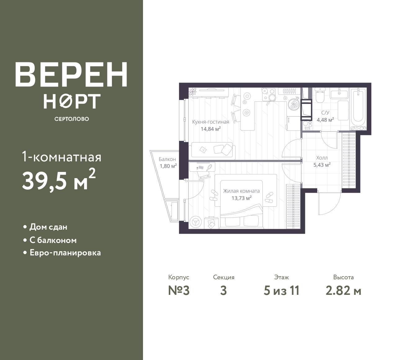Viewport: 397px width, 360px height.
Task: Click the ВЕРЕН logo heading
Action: tap(71, 74)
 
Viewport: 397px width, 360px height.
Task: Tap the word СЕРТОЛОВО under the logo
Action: tap(72, 119)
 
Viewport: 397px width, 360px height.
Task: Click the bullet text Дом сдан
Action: tap(48, 227)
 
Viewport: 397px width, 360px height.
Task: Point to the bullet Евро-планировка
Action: tap(65, 253)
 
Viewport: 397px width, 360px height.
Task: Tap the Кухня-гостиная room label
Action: tap(211, 122)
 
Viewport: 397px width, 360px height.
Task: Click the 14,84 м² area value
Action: tap(211, 129)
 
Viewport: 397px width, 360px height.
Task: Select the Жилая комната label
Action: tap(241, 191)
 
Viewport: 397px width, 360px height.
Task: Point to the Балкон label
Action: tap(167, 159)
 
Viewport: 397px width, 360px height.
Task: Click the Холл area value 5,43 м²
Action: tap(322, 165)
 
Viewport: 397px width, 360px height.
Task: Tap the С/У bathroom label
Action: tap(325, 113)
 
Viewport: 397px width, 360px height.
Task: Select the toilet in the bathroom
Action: tap(320, 95)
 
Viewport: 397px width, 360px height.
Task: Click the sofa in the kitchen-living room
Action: tap(212, 151)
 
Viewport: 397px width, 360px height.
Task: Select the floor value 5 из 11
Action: tap(281, 291)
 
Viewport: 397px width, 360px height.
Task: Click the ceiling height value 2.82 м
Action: tap(343, 291)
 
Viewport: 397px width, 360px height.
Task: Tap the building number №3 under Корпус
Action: tap(179, 291)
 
